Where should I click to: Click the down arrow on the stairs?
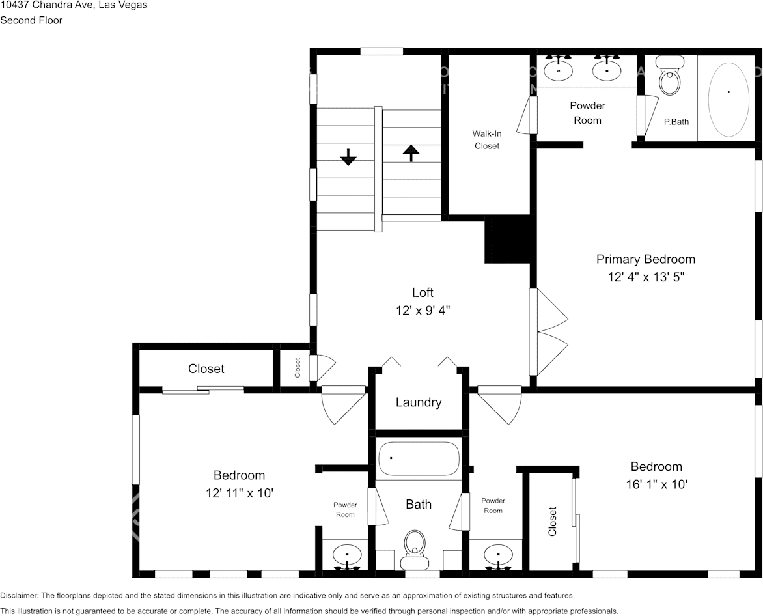pyautogui.click(x=348, y=157)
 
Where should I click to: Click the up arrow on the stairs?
pyautogui.click(x=411, y=153)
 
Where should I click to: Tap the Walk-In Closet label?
pyautogui.click(x=486, y=139)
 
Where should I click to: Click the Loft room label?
pyautogui.click(x=423, y=292)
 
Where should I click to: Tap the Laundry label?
pyautogui.click(x=419, y=402)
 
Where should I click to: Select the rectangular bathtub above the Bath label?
pyautogui.click(x=419, y=458)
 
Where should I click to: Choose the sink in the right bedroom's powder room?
pyautogui.click(x=499, y=555)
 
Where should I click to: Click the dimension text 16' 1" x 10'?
pyautogui.click(x=656, y=484)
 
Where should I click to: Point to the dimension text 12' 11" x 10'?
pyautogui.click(x=239, y=493)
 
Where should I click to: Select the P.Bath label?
pyautogui.click(x=676, y=122)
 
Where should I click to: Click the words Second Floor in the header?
pyautogui.click(x=31, y=20)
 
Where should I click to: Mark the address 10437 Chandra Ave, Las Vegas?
pyautogui.click(x=74, y=5)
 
